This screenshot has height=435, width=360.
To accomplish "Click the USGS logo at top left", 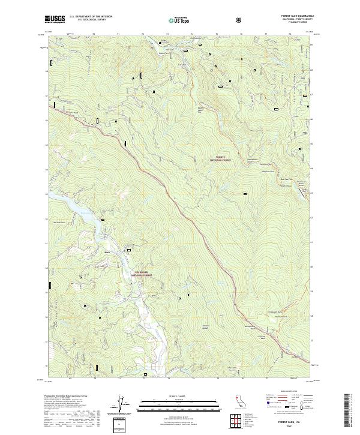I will click(x=55, y=20).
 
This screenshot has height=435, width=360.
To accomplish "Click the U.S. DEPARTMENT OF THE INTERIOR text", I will click(x=87, y=17).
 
